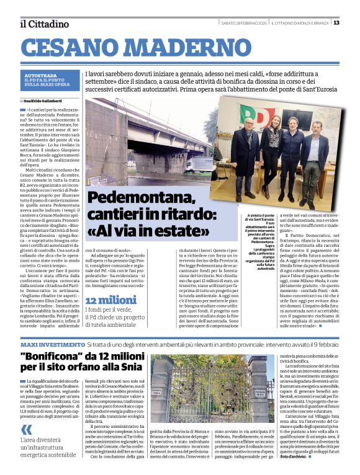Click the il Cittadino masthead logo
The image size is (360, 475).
click(x=44, y=24)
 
